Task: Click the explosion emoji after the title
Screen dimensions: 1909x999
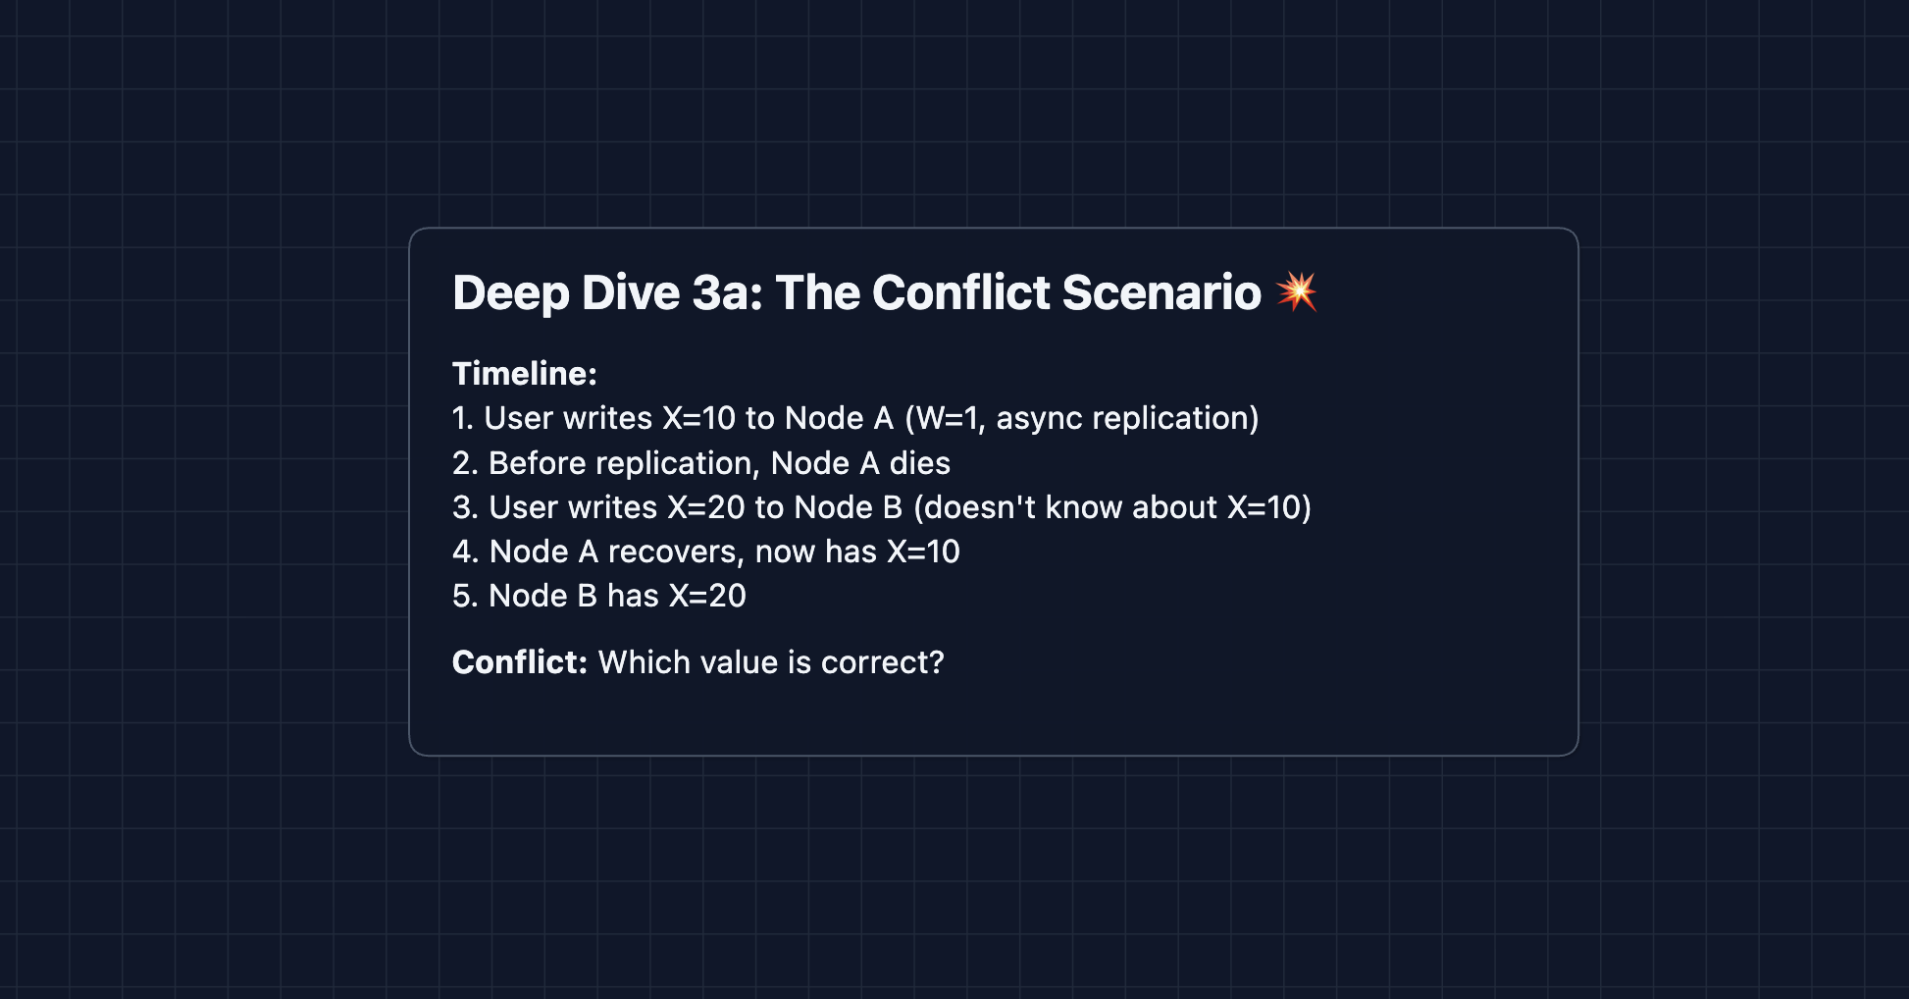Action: (x=1296, y=291)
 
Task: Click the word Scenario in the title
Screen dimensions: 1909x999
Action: (x=1161, y=292)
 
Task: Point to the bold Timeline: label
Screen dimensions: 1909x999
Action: (x=525, y=374)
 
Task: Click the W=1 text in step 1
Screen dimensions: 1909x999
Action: (x=946, y=418)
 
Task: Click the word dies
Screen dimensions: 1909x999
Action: (x=920, y=463)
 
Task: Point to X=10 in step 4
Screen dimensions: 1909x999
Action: (x=923, y=552)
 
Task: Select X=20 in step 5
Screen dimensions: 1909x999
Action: (x=707, y=596)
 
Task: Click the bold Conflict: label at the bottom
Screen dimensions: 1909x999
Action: (x=520, y=662)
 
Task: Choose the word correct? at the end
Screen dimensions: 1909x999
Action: (x=883, y=663)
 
